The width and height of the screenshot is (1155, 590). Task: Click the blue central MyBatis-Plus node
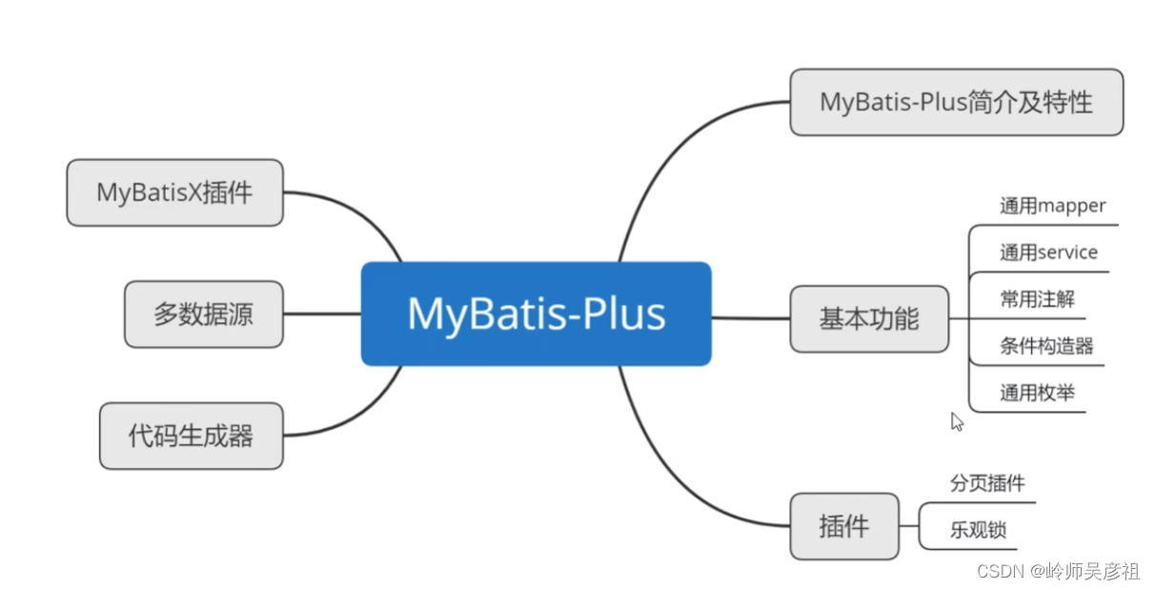point(536,314)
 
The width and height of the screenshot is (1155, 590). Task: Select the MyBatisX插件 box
point(174,193)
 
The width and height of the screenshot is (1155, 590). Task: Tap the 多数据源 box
point(203,314)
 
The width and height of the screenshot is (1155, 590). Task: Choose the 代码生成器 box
point(191,437)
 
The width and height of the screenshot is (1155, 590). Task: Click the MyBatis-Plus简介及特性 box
point(956,102)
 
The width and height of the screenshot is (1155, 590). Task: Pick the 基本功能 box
point(869,318)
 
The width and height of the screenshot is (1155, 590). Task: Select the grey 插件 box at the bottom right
point(843,526)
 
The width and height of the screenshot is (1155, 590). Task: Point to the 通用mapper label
point(1052,206)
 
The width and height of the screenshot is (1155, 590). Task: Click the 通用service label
point(1048,253)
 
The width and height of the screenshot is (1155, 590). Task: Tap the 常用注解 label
point(1037,298)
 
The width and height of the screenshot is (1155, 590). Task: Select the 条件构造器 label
point(1046,345)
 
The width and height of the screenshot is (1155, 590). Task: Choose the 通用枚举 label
point(1037,392)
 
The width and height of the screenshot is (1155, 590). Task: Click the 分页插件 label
point(987,483)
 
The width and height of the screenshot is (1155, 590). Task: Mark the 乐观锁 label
point(978,530)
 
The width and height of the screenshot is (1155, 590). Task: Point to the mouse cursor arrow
point(957,421)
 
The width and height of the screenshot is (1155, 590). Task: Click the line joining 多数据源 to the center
point(321,314)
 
